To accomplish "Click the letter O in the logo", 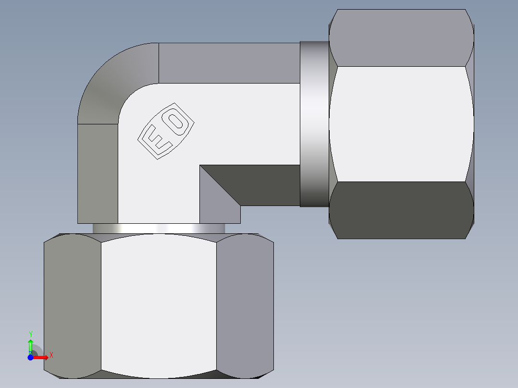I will [x=178, y=120].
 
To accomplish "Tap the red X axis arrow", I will [x=41, y=357].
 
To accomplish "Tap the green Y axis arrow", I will [x=30, y=345].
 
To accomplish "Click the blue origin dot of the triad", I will [x=30, y=357].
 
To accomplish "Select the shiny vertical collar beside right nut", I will [x=314, y=124].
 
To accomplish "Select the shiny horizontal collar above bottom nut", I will [x=159, y=228].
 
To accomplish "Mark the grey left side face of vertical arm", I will [x=98, y=173].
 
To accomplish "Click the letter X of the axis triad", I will [x=51, y=355].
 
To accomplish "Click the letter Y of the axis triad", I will [x=30, y=334].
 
